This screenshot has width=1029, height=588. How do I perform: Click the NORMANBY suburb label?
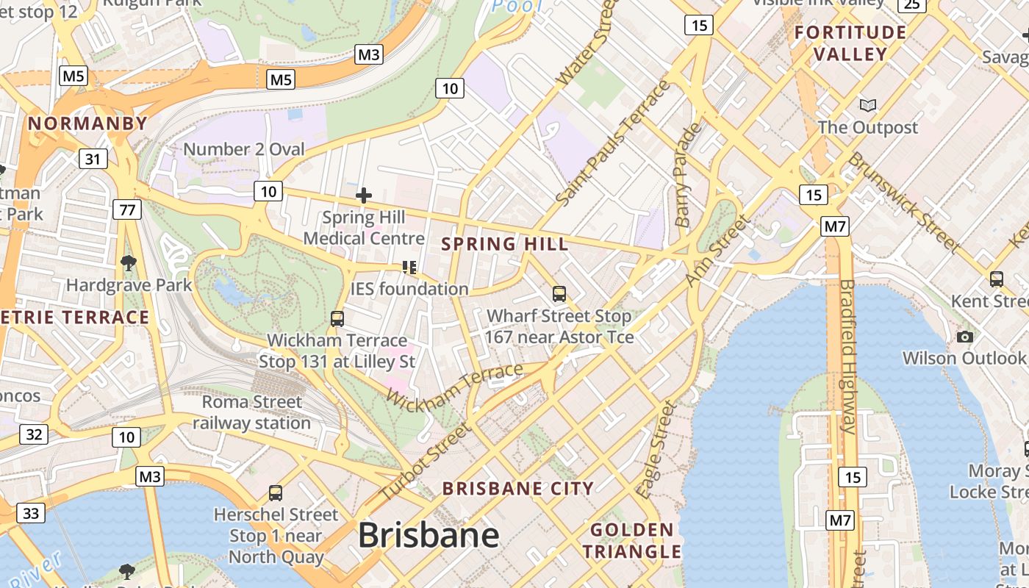coord(88,123)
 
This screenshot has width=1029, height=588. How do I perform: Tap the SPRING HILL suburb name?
coord(505,244)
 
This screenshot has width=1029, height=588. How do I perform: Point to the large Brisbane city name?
coord(429,536)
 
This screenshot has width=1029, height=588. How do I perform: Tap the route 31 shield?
coord(93,159)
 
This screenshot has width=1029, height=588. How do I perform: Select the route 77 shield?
coord(128,210)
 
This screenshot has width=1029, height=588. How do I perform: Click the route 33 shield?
coord(30,513)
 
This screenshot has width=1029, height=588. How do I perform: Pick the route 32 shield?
coord(34,434)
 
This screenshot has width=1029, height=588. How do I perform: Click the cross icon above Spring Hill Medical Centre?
coord(363,196)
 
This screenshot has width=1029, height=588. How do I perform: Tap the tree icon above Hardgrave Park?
coord(129,262)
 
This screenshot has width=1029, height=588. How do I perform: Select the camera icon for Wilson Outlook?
coord(965,337)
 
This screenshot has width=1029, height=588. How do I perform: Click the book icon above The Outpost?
coord(868,105)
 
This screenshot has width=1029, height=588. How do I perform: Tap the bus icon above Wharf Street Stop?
coord(559,294)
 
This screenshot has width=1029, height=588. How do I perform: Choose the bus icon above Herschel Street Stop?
coord(276,492)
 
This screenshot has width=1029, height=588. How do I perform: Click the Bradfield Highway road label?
coord(847,356)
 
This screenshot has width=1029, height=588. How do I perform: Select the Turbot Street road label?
coord(425,463)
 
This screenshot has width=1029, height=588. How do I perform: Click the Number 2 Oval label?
coord(243,149)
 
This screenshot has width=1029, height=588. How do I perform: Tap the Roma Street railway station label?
coord(251,412)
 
